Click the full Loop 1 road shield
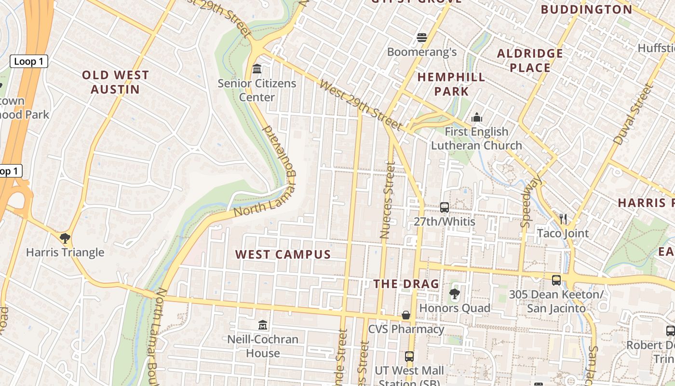click(x=29, y=61)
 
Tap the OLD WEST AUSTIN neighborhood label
click(x=115, y=82)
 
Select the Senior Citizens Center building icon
click(x=257, y=69)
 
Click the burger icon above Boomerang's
click(x=422, y=38)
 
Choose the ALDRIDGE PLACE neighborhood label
click(x=530, y=60)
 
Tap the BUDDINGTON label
click(x=586, y=10)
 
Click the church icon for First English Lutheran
click(x=477, y=117)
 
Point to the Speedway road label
click(x=531, y=201)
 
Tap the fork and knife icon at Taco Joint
click(x=563, y=219)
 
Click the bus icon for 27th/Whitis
click(x=445, y=207)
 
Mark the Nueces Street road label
click(x=387, y=200)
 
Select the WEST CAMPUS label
click(x=283, y=254)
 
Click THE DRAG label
click(x=406, y=284)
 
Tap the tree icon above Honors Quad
click(x=454, y=293)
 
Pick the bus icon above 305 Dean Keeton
click(x=556, y=280)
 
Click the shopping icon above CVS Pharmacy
click(x=406, y=315)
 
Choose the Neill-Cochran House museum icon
click(x=263, y=325)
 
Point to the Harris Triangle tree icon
click(x=65, y=238)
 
